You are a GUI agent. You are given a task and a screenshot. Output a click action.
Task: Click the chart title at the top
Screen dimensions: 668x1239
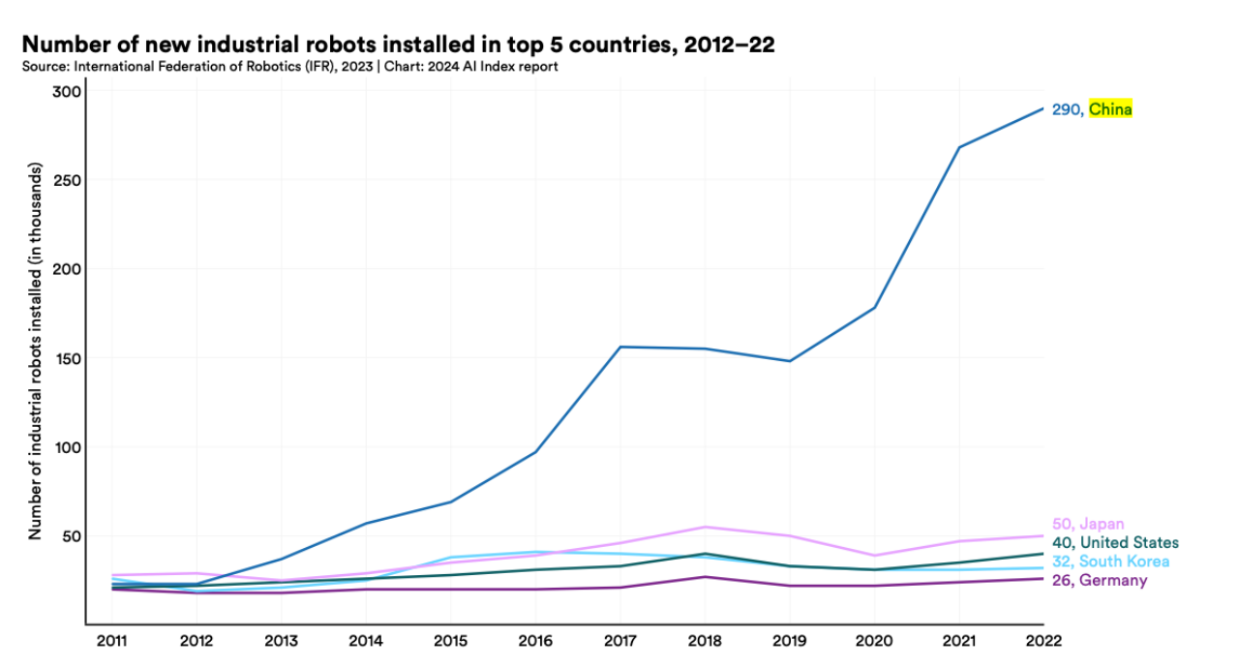click(x=397, y=46)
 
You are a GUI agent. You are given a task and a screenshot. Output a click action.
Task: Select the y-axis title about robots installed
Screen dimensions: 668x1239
click(x=35, y=358)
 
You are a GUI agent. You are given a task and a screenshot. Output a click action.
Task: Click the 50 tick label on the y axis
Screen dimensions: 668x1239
click(x=69, y=536)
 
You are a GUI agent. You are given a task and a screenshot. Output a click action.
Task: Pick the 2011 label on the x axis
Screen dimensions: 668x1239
click(x=111, y=640)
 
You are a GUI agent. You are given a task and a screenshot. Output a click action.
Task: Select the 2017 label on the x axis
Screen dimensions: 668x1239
click(x=619, y=640)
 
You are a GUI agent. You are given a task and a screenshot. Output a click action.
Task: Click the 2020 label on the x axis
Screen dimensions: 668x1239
click(x=874, y=640)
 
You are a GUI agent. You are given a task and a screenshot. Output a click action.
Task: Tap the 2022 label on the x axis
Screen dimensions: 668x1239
click(x=1043, y=640)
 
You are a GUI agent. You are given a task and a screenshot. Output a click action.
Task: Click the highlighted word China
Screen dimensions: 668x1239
click(x=1110, y=109)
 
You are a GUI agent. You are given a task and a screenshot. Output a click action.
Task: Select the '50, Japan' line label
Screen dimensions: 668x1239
click(x=1088, y=524)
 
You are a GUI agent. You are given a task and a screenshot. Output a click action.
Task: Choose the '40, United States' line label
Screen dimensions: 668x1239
click(x=1115, y=542)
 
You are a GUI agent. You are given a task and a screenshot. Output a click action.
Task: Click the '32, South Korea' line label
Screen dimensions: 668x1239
click(x=1110, y=562)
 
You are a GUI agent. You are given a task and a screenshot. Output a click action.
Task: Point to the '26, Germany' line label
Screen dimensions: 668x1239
click(x=1099, y=581)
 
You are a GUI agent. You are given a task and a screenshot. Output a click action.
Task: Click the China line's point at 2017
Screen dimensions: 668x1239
click(x=619, y=347)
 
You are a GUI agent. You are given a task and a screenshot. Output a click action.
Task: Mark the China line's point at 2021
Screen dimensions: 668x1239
click(x=958, y=147)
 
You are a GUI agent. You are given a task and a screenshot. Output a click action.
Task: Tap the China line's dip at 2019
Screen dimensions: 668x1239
click(x=789, y=361)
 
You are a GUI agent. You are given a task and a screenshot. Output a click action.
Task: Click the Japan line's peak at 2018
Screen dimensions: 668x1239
click(x=705, y=527)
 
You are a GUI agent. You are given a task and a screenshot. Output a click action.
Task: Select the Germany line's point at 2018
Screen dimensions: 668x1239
click(x=705, y=577)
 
